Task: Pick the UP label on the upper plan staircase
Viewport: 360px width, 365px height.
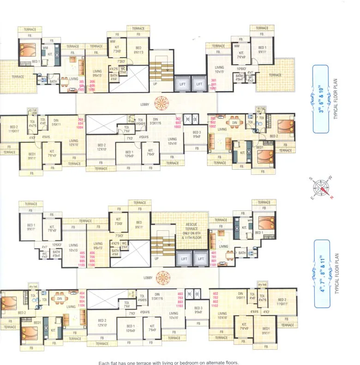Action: click(155, 84)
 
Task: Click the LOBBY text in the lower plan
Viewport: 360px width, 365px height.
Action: click(147, 278)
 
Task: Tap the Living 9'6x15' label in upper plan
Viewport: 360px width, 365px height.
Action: click(97, 73)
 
